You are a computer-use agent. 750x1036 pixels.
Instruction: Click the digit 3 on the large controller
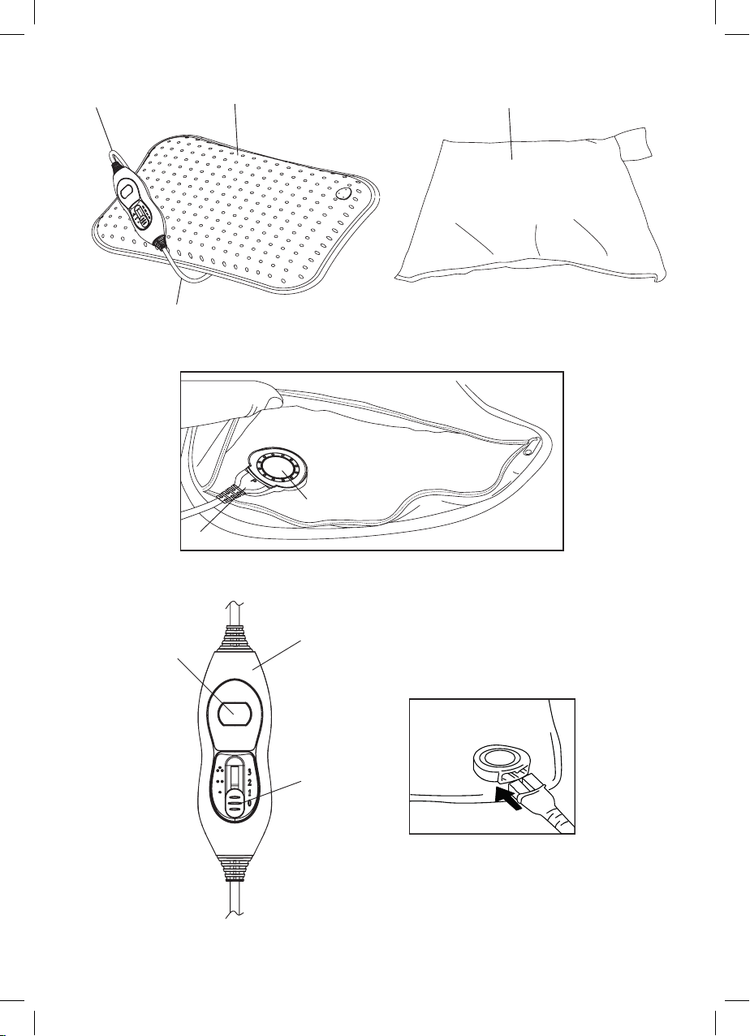(249, 771)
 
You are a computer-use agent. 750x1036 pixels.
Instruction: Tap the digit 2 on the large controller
(249, 783)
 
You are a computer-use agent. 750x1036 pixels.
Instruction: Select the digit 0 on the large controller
(250, 804)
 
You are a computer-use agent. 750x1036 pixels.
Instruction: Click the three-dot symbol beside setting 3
(219, 770)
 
